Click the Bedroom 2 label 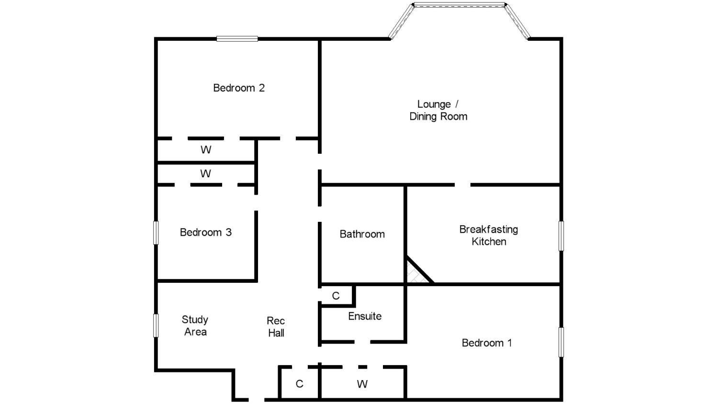(239, 88)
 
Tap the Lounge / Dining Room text (438, 110)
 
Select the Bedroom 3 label (205, 232)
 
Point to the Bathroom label (362, 234)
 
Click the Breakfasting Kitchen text (489, 235)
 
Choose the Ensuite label (365, 316)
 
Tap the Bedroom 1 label (487, 343)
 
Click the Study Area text (195, 326)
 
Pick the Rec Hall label (276, 327)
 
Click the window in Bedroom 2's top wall (237, 39)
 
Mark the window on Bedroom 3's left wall (156, 233)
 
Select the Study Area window (156, 325)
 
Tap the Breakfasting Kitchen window (561, 236)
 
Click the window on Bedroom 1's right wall (561, 342)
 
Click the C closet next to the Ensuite (336, 296)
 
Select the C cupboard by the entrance (299, 384)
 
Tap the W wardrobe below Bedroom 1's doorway (362, 384)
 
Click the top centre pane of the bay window (459, 5)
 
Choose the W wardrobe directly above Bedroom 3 (206, 173)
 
